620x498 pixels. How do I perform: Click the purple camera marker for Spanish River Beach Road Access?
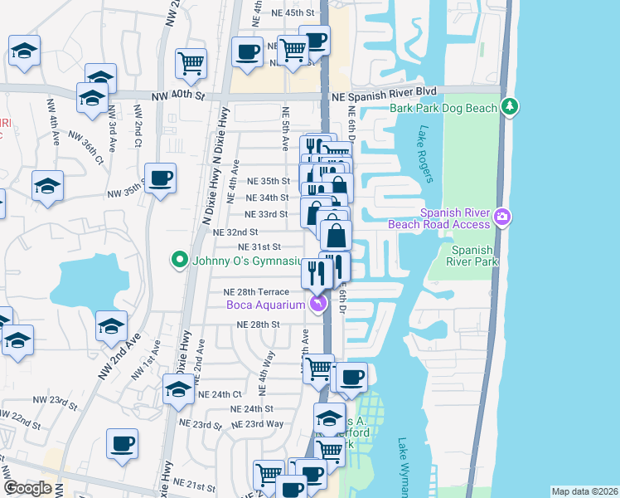502,217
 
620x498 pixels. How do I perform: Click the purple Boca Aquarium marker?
317,305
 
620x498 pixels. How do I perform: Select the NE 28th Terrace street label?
256,292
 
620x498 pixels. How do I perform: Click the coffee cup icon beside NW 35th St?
160,177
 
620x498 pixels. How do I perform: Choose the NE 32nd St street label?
235,232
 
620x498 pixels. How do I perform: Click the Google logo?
27,489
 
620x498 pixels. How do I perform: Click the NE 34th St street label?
268,198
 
